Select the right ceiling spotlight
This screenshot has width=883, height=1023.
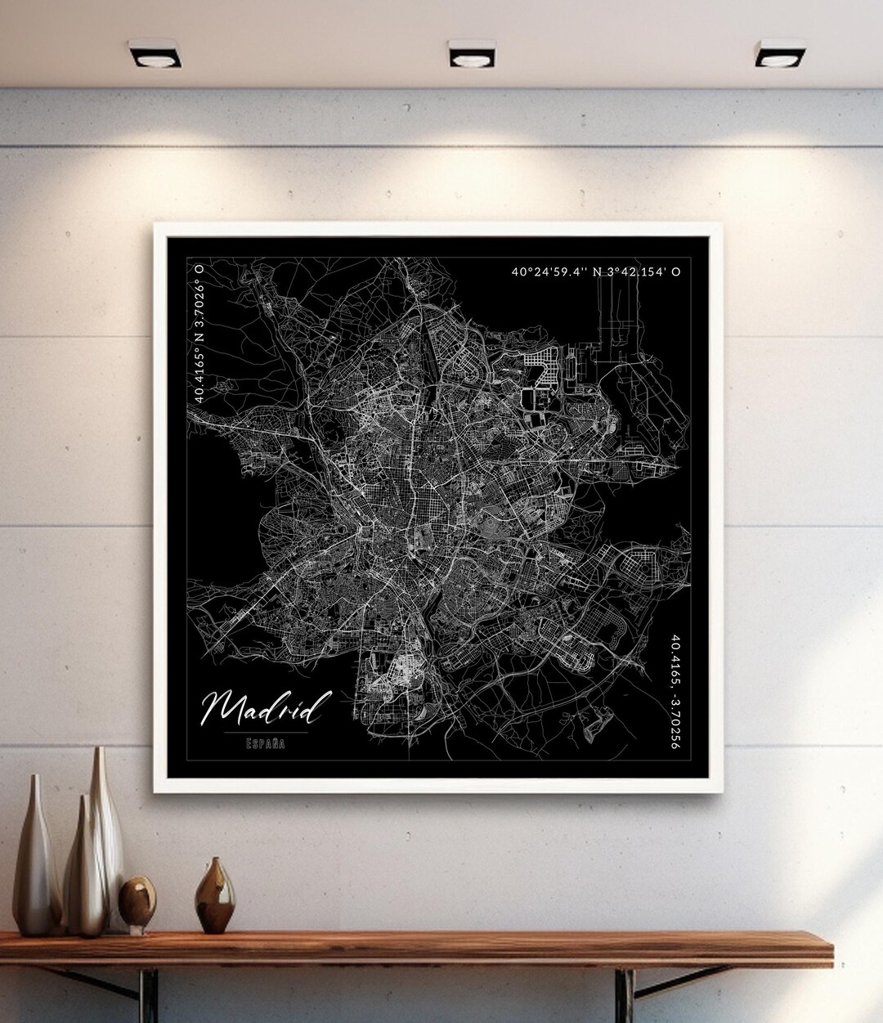pos(780,55)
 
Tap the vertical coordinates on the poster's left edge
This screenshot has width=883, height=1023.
pos(199,332)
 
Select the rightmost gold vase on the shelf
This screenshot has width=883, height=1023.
pos(216,895)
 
